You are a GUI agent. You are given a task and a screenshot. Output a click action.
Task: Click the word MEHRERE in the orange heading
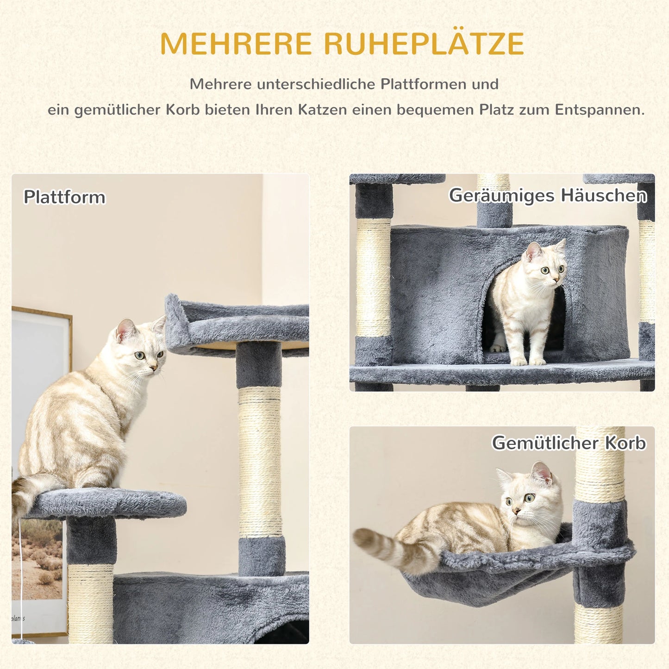(x=236, y=44)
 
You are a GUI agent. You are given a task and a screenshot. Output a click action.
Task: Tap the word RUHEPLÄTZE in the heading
(x=424, y=44)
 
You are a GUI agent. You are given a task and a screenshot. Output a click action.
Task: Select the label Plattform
(x=64, y=197)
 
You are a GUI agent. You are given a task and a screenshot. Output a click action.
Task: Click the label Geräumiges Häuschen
(x=548, y=195)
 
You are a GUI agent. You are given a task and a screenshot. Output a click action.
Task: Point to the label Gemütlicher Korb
(x=569, y=443)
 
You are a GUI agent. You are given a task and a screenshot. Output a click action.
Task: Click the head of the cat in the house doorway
(x=546, y=264)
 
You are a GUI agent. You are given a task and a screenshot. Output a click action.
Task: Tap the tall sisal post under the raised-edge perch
(x=260, y=463)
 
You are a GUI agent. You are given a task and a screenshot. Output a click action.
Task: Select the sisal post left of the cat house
(x=373, y=278)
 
